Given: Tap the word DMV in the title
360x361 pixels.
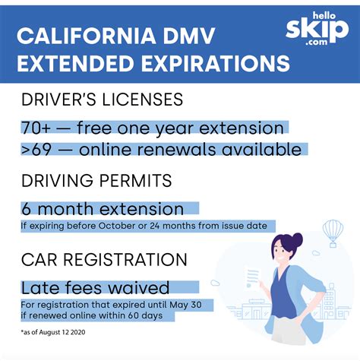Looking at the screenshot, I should point(194,36).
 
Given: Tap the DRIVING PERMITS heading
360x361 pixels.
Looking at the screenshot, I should point(96,181).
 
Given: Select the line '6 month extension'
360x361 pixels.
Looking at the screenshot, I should point(102,208).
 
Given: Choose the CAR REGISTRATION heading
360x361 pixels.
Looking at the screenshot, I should point(104,261).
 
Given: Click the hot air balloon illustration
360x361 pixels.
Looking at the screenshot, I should point(333,230).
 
